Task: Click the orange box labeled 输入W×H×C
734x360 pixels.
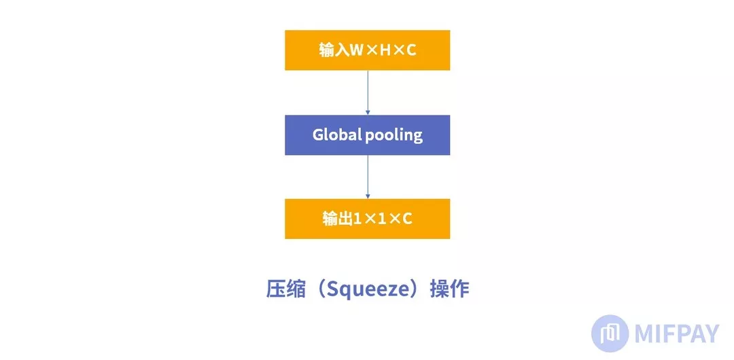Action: (x=367, y=50)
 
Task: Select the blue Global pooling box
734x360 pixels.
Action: (x=367, y=134)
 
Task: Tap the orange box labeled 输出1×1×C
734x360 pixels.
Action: (x=367, y=219)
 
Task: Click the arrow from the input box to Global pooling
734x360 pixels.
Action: (x=368, y=92)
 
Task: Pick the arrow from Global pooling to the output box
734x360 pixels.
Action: (x=368, y=176)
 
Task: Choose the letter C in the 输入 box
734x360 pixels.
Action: (x=410, y=50)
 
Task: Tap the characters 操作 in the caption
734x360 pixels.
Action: (x=450, y=289)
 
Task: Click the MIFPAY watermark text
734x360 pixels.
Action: (x=676, y=334)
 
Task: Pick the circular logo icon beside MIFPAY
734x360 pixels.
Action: (x=610, y=334)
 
